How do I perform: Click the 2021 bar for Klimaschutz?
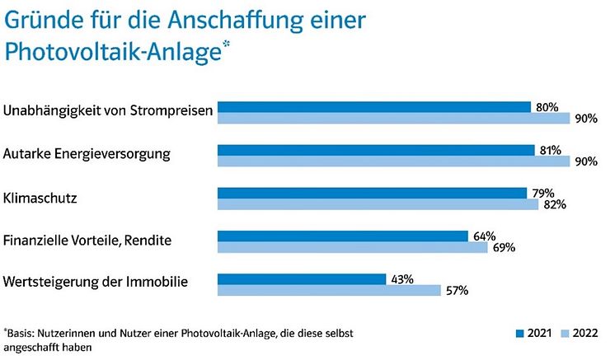[x=371, y=194]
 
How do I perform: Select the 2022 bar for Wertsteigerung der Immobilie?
[x=329, y=290]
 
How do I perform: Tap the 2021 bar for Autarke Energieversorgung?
[x=375, y=150]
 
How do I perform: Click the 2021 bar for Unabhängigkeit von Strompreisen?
[x=373, y=107]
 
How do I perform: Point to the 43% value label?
[x=401, y=279]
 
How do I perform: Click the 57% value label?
[x=457, y=291]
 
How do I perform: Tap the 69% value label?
[x=504, y=248]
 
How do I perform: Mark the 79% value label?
[x=542, y=193]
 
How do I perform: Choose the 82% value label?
[x=554, y=205]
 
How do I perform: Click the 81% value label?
[x=550, y=150]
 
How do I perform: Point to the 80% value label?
[x=547, y=107]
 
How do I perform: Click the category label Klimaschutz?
[x=40, y=199]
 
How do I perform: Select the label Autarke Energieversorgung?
[x=87, y=154]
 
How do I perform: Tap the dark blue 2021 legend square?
[x=520, y=334]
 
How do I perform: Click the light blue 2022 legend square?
[x=564, y=334]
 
